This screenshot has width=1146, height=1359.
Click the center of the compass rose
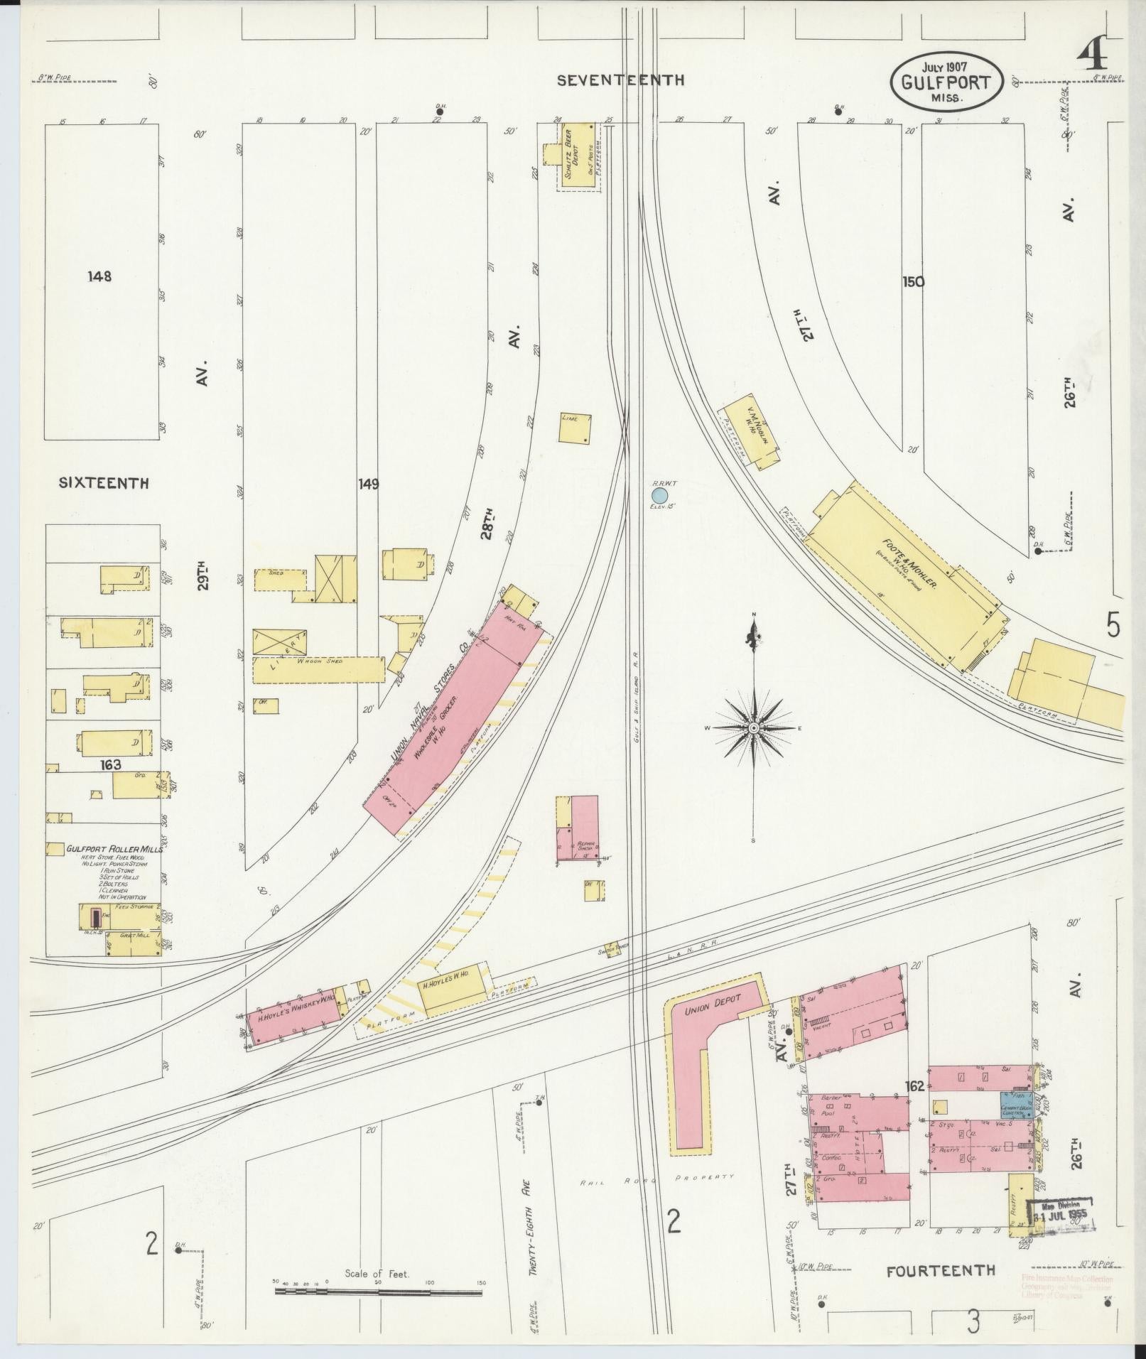click(x=753, y=728)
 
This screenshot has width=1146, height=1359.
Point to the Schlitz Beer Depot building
click(x=578, y=155)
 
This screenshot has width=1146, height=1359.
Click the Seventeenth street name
click(x=620, y=80)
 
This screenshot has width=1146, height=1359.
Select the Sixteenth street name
click(x=104, y=483)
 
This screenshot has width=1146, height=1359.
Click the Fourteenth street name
click(x=941, y=1270)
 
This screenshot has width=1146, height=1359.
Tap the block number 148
click(x=99, y=276)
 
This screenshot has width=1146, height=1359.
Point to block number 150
click(x=913, y=281)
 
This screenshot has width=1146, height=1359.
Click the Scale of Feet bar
click(x=378, y=1289)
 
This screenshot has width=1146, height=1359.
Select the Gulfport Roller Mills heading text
click(x=114, y=849)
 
